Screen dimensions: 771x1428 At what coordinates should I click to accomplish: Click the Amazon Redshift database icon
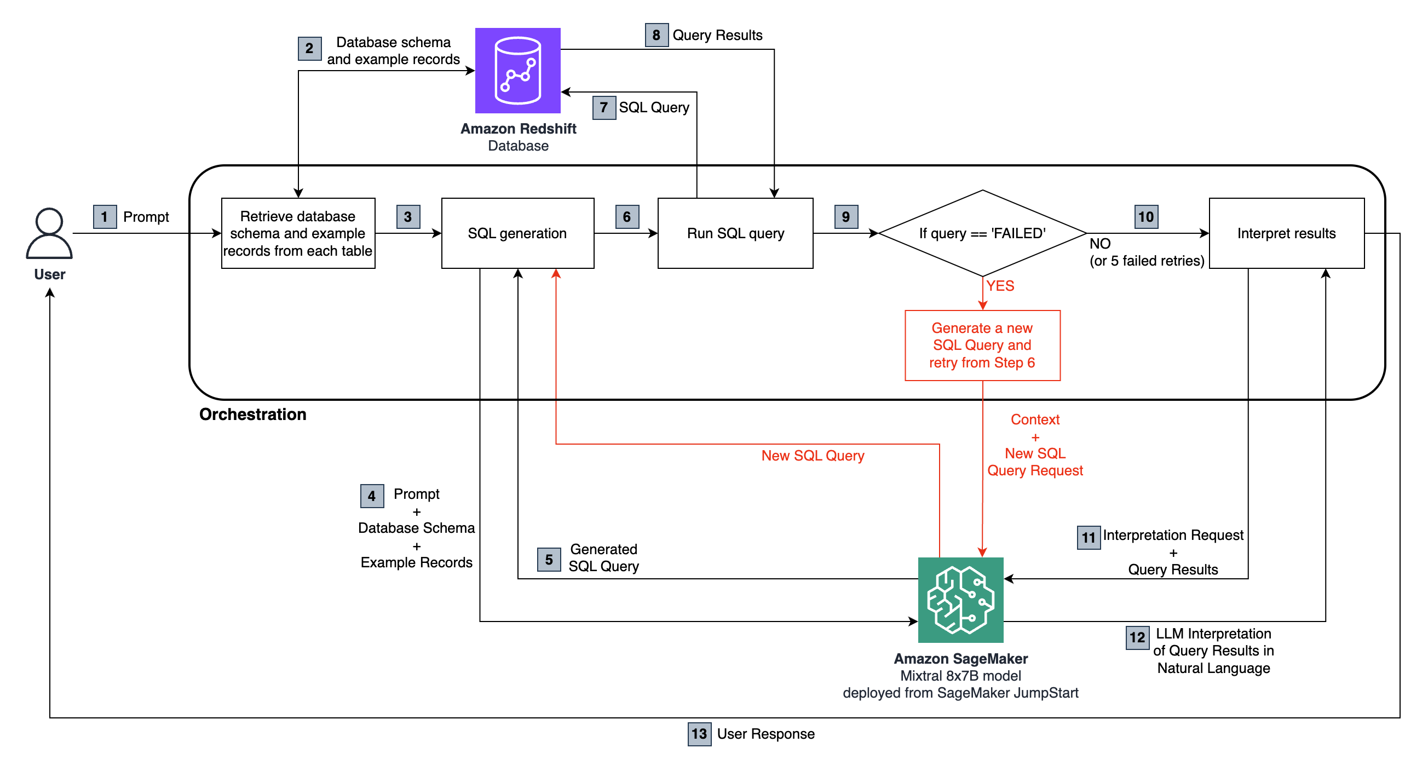point(517,71)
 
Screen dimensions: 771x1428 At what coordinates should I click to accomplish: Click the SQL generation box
point(517,233)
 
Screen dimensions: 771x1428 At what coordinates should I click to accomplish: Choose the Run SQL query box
point(735,233)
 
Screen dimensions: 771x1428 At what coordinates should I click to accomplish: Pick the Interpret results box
point(1286,233)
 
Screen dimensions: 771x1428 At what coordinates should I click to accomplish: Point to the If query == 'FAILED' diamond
point(982,233)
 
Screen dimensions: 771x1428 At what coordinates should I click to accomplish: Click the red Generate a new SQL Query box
point(982,345)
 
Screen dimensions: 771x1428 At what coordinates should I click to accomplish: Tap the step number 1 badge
point(104,216)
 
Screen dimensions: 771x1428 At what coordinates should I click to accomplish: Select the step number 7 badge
point(604,107)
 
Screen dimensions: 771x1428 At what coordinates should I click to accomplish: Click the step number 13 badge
point(699,733)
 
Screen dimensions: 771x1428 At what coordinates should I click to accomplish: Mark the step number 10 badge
point(1145,216)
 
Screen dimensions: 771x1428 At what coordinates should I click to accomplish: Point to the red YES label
point(999,285)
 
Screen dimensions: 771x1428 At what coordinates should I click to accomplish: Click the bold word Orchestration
point(252,414)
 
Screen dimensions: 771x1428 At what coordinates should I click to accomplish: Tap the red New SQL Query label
point(812,455)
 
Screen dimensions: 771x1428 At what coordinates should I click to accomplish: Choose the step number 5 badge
point(548,559)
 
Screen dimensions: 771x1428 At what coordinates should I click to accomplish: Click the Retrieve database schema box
point(298,233)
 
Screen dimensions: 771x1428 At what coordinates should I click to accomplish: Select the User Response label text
point(765,733)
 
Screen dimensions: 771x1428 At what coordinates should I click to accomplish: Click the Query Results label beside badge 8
point(717,35)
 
